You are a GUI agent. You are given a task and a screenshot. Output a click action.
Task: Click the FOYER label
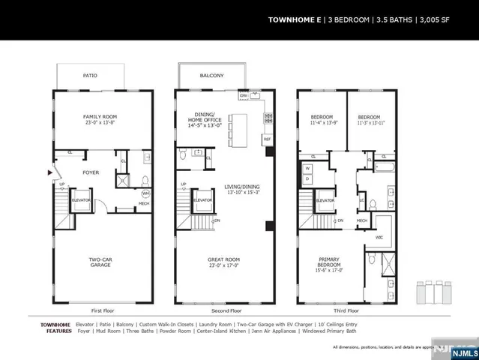click(91, 172)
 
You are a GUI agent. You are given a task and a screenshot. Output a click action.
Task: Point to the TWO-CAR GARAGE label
click(102, 263)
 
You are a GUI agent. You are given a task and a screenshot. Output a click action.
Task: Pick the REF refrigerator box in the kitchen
click(266, 139)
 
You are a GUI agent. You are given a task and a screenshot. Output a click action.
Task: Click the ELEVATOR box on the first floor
click(82, 201)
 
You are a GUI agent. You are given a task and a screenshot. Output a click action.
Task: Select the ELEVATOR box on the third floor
click(325, 201)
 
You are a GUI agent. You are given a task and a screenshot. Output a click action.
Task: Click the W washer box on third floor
click(307, 169)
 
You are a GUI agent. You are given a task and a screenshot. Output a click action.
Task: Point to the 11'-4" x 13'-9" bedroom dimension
click(322, 122)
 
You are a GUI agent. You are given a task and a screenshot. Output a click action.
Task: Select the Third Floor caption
click(344, 310)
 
